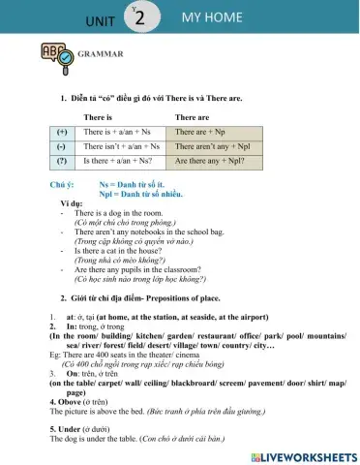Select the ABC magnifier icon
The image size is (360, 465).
(x=54, y=56)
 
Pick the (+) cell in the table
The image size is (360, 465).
(x=63, y=130)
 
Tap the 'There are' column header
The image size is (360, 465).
(x=192, y=114)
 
